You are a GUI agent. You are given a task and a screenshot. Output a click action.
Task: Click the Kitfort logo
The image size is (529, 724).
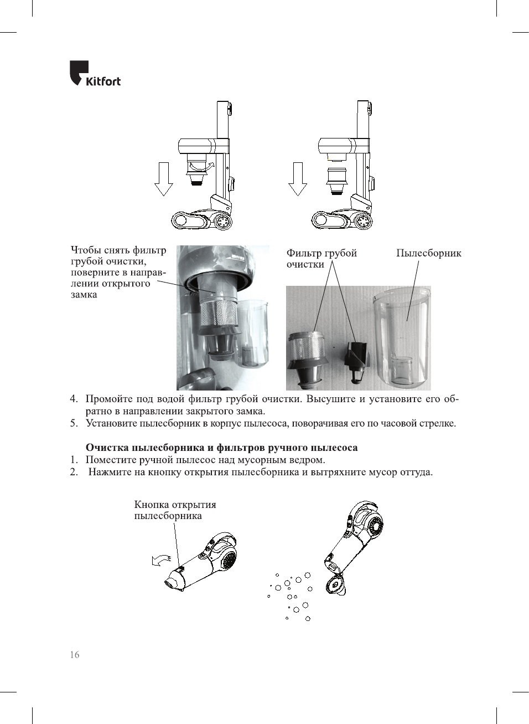95,74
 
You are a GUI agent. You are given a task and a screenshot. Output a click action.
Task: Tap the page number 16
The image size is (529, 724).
74,655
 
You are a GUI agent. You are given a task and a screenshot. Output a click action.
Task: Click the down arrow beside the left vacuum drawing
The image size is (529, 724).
163,179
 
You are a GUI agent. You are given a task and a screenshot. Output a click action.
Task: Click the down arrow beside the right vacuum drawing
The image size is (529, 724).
298,179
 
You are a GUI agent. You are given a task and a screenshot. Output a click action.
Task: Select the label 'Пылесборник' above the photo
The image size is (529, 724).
428,253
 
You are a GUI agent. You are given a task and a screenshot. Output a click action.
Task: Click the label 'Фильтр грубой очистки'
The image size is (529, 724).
321,258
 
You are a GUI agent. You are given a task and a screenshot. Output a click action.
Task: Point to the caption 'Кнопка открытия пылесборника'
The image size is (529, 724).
175,510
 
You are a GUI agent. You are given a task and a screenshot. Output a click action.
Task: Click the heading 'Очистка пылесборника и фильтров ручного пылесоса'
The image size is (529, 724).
221,448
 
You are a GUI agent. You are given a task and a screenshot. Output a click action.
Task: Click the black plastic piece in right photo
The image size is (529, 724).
356,361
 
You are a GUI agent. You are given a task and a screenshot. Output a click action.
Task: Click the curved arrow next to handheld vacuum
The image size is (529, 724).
161,560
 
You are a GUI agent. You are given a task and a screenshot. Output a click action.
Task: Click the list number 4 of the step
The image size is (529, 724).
74,399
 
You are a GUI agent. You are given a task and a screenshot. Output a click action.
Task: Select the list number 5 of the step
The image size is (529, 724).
74,423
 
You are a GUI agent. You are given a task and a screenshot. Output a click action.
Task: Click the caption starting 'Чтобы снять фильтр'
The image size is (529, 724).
118,272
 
